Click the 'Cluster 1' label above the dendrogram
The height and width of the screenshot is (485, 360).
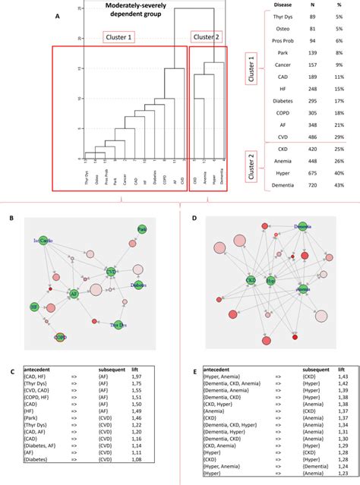point(119,37)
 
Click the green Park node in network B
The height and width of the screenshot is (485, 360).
point(141,229)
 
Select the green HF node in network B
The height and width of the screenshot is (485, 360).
point(34,307)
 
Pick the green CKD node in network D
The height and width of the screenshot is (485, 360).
point(250,280)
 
